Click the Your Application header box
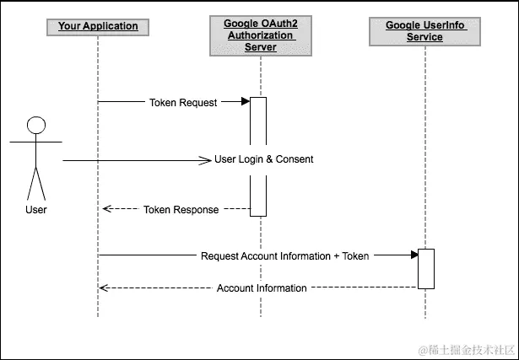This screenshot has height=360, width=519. pyautogui.click(x=98, y=26)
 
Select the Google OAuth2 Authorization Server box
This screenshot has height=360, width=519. pyautogui.click(x=259, y=36)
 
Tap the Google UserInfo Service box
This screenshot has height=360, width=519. pyautogui.click(x=425, y=31)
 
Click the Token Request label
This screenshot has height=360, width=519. pyautogui.click(x=183, y=103)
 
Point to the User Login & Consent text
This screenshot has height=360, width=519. pyautogui.click(x=263, y=159)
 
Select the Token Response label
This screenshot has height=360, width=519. pyautogui.click(x=181, y=210)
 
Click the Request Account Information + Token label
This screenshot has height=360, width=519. pyautogui.click(x=284, y=255)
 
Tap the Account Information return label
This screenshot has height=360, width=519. pyautogui.click(x=262, y=288)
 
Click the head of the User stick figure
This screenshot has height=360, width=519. pyautogui.click(x=35, y=126)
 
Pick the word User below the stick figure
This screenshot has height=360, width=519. pyautogui.click(x=35, y=210)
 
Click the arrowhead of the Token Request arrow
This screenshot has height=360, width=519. pyautogui.click(x=245, y=103)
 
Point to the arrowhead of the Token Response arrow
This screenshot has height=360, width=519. pyautogui.click(x=104, y=210)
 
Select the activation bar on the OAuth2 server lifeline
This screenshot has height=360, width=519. pyautogui.click(x=258, y=156)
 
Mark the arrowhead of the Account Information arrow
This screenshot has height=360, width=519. pyautogui.click(x=103, y=288)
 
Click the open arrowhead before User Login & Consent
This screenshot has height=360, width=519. pyautogui.click(x=205, y=159)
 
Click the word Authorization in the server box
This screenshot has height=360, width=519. pyautogui.click(x=259, y=36)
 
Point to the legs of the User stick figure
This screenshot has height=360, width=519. pyautogui.click(x=35, y=184)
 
